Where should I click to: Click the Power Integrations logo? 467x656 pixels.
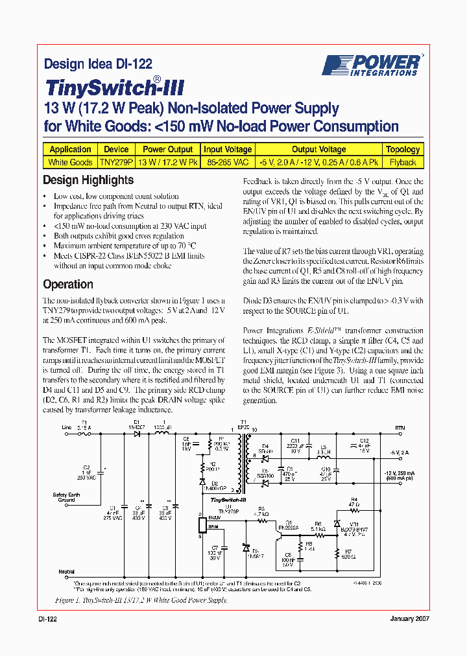tap(372, 65)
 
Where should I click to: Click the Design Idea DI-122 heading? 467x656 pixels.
tap(97, 64)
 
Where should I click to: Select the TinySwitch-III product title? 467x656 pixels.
tap(115, 88)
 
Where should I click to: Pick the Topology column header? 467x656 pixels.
tap(403, 149)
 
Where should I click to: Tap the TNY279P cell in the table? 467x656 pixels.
tap(116, 162)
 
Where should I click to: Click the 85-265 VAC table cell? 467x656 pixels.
tap(227, 162)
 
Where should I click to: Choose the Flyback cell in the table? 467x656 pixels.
tap(403, 162)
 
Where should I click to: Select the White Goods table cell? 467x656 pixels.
tap(70, 162)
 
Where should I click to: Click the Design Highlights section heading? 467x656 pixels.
tap(88, 180)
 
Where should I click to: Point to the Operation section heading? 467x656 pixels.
tap(67, 284)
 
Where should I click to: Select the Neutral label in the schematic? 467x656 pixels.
tap(67, 572)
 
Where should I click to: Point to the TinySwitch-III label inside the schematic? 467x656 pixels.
tap(224, 499)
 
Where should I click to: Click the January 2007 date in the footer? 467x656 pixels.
tap(409, 619)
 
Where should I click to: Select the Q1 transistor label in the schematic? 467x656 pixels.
tap(289, 522)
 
